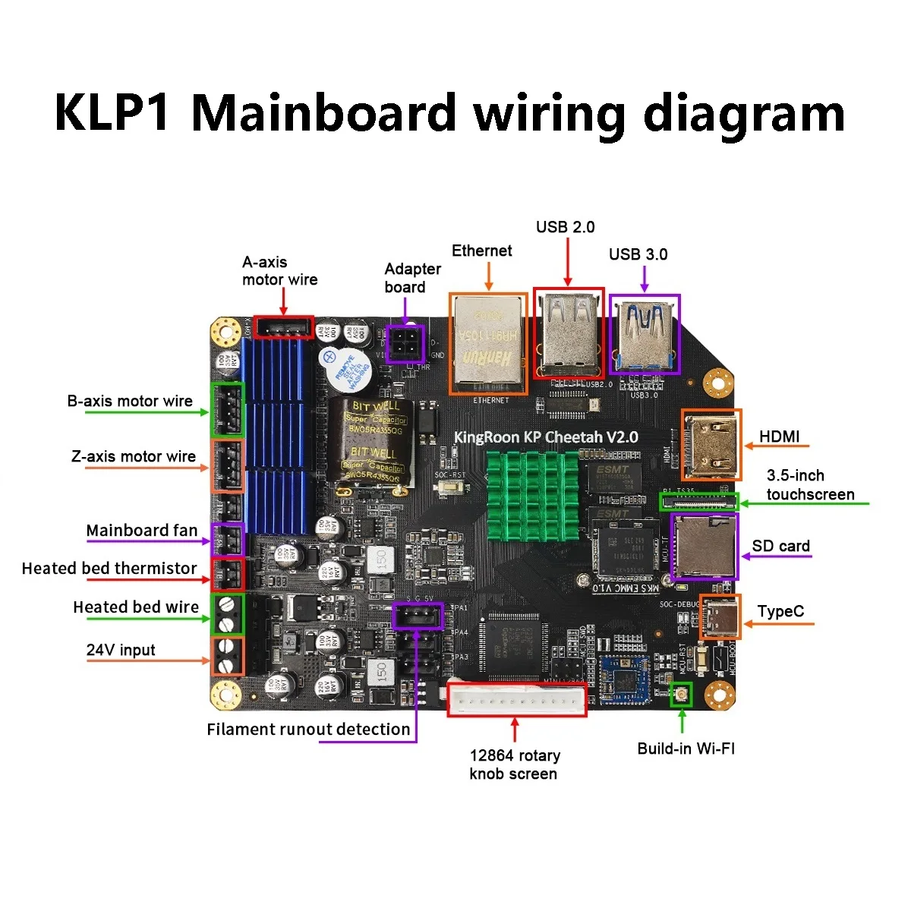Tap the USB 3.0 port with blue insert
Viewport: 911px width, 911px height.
tap(645, 334)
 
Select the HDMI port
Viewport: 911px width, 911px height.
tap(711, 445)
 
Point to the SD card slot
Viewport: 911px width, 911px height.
tap(704, 547)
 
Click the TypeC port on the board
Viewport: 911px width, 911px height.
tap(720, 617)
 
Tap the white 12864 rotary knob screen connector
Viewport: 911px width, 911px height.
tap(517, 699)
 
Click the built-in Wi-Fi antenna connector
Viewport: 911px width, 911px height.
tap(682, 694)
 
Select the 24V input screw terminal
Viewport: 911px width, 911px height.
tap(227, 657)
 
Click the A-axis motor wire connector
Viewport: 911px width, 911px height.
tap(283, 327)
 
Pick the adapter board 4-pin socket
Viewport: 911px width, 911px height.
tap(405, 344)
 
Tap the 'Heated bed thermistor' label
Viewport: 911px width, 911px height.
tap(109, 569)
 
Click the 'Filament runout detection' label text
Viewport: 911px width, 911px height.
tap(308, 730)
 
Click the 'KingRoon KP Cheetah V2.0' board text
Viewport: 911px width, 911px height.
tap(545, 437)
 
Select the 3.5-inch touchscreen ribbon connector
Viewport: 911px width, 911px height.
tap(698, 501)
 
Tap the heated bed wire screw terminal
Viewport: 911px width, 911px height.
tap(227, 615)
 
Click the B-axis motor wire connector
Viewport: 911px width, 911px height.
tap(227, 410)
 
